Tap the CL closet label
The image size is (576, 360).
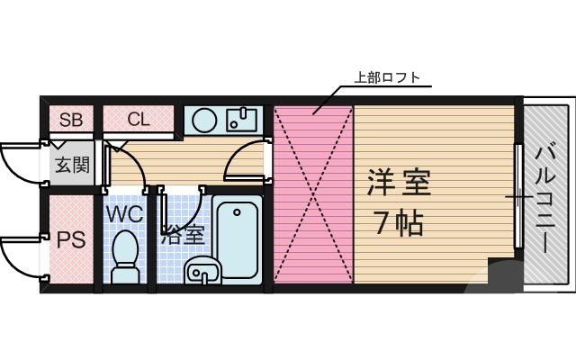tap(139, 119)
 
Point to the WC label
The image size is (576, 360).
tap(125, 215)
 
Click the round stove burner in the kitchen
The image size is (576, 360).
tap(204, 119)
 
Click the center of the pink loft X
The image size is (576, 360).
tap(313, 193)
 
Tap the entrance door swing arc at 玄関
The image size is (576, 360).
tap(18, 162)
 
